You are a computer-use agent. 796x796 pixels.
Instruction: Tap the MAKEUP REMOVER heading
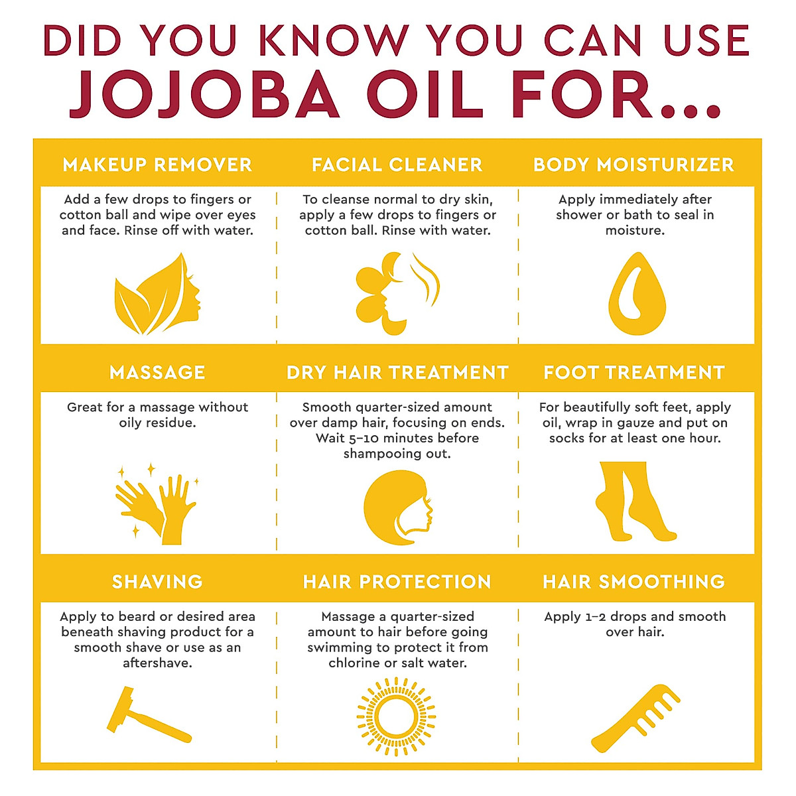157,165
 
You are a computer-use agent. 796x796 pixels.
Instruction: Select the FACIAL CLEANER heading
397,165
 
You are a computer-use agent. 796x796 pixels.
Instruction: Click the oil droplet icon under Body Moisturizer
636,293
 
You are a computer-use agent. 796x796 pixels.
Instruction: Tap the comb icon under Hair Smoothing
636,716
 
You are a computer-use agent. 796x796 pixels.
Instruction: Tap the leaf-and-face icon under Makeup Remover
157,293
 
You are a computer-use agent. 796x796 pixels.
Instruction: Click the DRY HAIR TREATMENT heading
397,372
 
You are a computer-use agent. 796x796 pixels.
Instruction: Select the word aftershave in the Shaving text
157,663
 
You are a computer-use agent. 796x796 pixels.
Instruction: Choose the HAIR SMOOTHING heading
633,582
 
